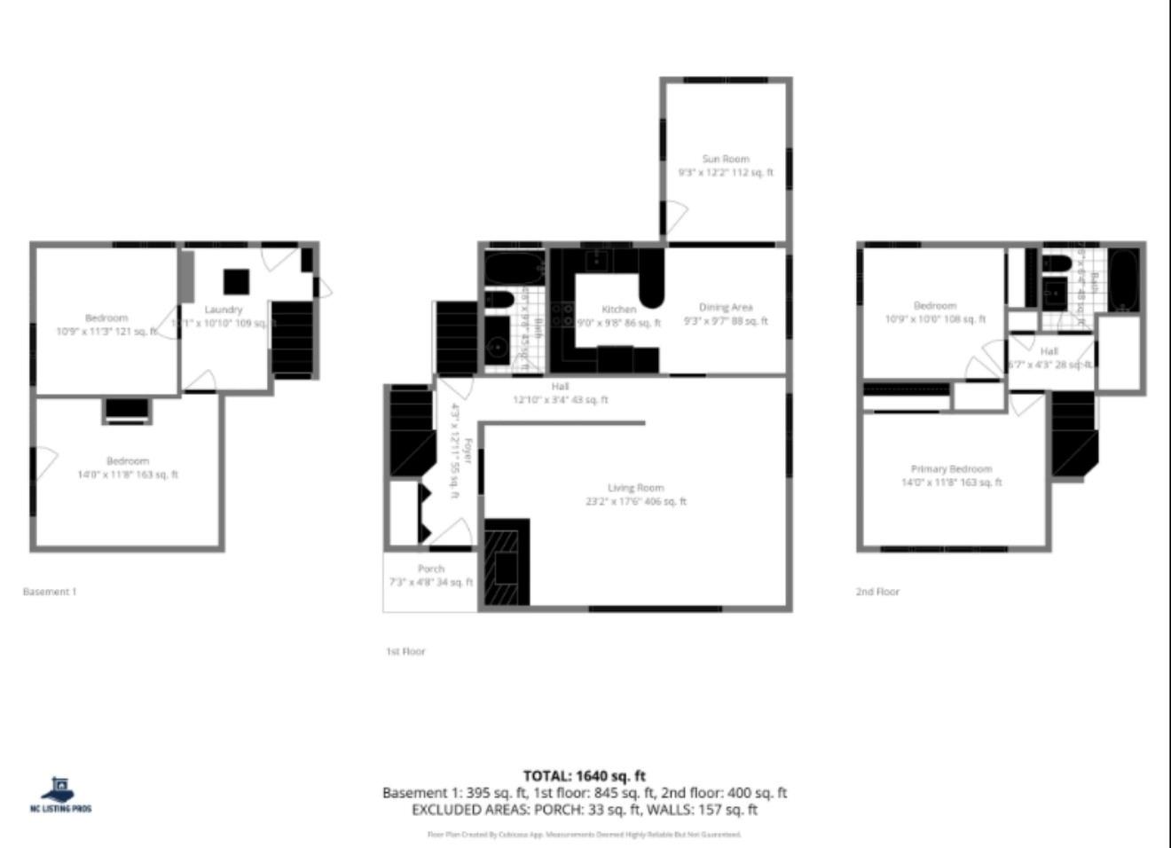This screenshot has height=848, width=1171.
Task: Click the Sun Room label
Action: coord(726,159)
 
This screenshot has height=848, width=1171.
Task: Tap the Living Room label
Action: coord(635,488)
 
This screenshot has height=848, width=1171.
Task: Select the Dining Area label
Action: coord(726,308)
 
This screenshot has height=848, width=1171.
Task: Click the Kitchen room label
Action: coord(618,310)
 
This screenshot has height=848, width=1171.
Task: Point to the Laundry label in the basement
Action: coord(224,310)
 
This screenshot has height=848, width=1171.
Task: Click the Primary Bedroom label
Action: coord(951,469)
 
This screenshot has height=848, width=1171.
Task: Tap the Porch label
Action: coord(431,569)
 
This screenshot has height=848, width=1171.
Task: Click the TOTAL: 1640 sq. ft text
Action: coord(584,776)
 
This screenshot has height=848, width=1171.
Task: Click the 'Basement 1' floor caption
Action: coord(50,592)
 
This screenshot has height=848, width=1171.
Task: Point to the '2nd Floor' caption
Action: coord(877,592)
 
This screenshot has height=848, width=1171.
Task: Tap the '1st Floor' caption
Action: coord(405,651)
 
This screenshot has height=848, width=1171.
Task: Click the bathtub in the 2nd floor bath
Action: coord(1124,279)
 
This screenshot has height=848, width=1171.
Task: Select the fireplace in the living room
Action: coord(507,562)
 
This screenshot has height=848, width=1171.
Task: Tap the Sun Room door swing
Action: coord(676,216)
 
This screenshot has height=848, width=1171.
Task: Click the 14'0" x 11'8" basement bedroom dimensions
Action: coord(128,475)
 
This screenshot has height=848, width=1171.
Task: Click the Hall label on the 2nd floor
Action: coord(1049,351)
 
